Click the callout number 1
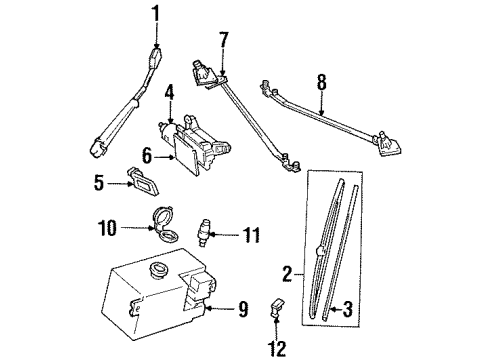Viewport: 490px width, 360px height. coord(154,14)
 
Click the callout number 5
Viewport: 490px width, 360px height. coord(99,183)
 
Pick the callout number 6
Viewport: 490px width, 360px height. coord(146,155)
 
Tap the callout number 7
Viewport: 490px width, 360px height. coord(224,40)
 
